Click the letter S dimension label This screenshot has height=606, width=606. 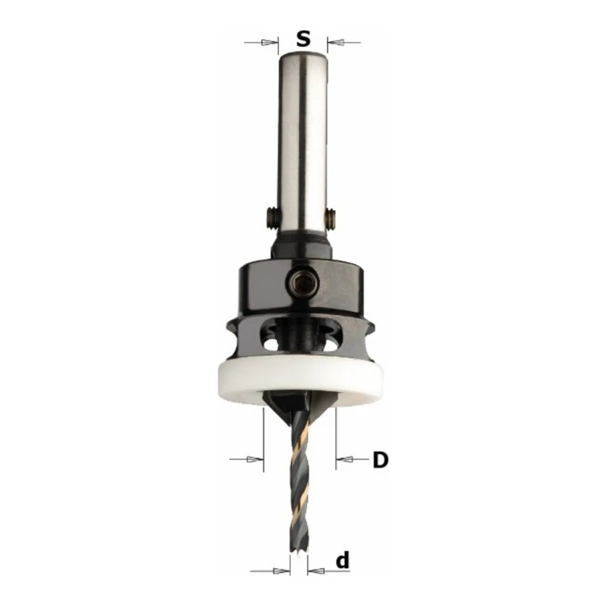303,39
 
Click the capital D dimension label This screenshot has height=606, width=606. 381,460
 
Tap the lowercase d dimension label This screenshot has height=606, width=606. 343,561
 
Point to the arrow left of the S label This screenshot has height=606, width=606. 261,43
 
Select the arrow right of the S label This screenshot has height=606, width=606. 344,43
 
